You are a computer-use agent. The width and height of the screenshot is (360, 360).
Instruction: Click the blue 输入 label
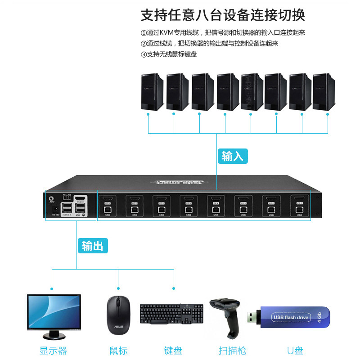[232, 156]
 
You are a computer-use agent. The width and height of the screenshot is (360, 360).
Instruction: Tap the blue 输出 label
[93, 246]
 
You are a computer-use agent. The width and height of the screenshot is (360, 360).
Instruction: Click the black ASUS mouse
[118, 315]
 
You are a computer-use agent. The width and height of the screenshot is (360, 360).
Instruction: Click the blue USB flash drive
[288, 317]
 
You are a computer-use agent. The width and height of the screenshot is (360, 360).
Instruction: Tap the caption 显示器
[53, 351]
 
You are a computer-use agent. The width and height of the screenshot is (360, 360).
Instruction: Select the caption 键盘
[173, 351]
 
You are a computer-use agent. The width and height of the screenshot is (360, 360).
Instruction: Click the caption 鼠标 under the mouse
[118, 351]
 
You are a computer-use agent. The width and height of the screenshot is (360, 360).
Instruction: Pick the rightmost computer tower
[324, 92]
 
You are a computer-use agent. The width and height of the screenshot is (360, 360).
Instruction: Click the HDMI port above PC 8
[107, 198]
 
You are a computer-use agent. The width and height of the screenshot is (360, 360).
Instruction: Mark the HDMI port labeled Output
[80, 198]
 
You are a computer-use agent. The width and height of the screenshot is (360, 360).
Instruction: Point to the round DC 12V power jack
[55, 208]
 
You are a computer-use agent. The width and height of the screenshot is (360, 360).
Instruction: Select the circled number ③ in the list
[144, 54]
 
